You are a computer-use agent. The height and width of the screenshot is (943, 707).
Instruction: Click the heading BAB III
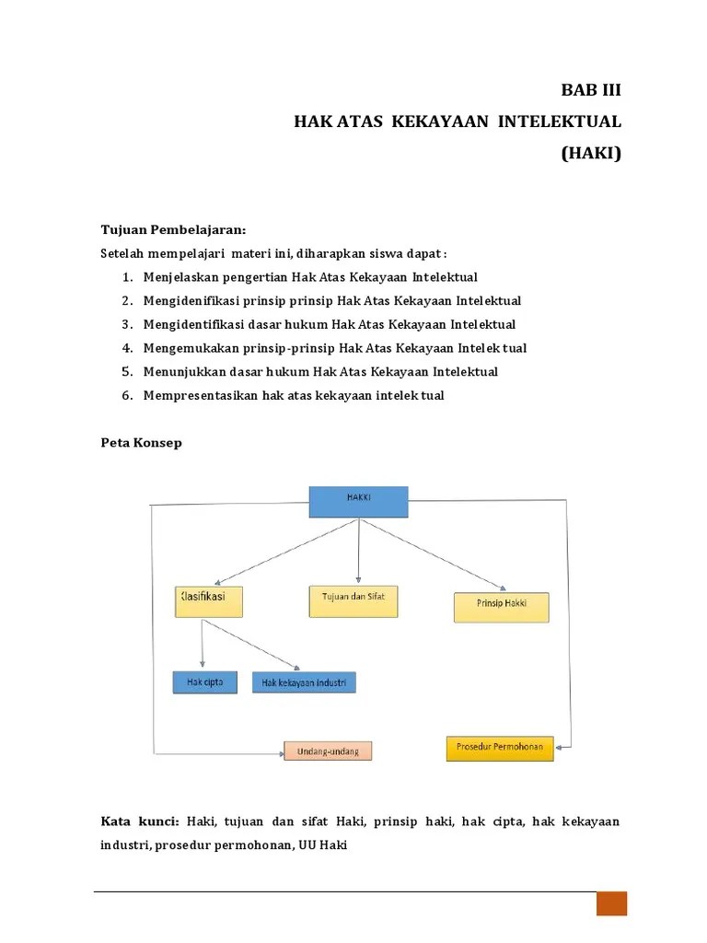coord(591,90)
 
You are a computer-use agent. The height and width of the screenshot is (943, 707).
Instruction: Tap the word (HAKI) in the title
coord(591,153)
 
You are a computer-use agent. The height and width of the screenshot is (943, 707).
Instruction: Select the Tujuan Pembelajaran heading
coord(173,228)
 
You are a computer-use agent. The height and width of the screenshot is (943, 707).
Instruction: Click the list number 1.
coord(125,277)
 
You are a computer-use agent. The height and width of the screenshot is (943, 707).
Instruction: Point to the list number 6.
coord(125,396)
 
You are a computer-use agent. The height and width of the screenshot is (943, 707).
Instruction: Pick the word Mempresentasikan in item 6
coord(196,396)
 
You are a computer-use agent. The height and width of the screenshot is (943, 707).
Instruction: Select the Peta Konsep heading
coord(141,443)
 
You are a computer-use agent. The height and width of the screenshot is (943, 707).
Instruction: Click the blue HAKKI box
coord(358,502)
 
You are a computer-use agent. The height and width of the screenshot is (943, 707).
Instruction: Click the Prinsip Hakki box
coord(501,607)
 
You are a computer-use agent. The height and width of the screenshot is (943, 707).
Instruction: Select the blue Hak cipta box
coord(204,682)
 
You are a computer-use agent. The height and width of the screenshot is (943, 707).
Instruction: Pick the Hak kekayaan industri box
coord(304,683)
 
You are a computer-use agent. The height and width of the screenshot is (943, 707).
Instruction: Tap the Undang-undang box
coord(327,751)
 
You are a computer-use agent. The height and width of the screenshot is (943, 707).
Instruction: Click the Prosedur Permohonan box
coord(500,748)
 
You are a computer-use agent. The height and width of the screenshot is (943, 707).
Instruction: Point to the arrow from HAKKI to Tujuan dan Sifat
coord(359,551)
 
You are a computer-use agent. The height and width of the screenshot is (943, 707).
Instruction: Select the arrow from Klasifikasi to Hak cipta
coord(203,645)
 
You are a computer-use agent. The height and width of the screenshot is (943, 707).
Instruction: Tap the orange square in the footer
coord(611,903)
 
